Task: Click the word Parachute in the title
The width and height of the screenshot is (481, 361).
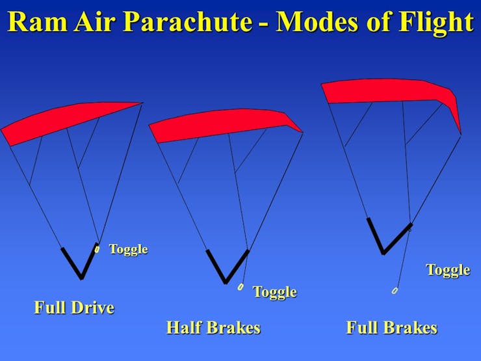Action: pyautogui.click(x=187, y=21)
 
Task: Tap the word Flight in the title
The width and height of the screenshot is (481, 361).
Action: pyautogui.click(x=436, y=22)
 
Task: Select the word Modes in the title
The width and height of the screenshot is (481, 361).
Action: pyautogui.click(x=317, y=21)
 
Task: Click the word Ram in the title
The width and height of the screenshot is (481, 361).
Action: pyautogui.click(x=38, y=21)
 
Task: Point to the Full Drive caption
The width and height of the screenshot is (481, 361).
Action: pyautogui.click(x=74, y=307)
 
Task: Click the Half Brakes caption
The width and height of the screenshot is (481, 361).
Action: pyautogui.click(x=213, y=327)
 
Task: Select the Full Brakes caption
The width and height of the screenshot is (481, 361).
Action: pyautogui.click(x=392, y=327)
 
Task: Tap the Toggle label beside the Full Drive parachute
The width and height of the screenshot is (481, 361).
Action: pyautogui.click(x=129, y=249)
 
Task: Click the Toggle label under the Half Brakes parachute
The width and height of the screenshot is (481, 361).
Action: pyautogui.click(x=275, y=291)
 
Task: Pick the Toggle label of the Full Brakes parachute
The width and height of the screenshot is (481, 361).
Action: pyautogui.click(x=448, y=270)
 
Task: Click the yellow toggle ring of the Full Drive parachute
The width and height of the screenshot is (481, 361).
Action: pyautogui.click(x=97, y=250)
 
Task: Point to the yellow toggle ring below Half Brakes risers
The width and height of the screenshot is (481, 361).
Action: pyautogui.click(x=240, y=287)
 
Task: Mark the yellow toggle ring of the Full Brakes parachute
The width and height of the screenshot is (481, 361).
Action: pyautogui.click(x=395, y=290)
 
